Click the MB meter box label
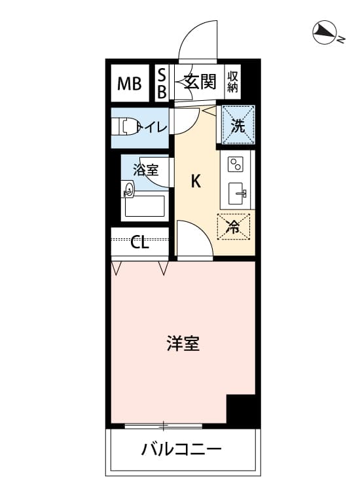coord(130,84)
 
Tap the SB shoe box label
coord(162,83)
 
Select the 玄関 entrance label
coord(200,82)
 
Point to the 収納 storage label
coord(232,82)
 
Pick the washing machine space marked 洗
coord(238,125)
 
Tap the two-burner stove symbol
coord(236,164)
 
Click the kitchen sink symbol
coord(237,194)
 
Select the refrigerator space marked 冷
coord(234,227)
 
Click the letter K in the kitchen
coord(196,181)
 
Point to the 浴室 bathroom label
coord(145,170)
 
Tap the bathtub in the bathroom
coord(145,206)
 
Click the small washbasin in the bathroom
coord(129,190)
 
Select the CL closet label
coord(139,242)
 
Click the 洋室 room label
coord(183,343)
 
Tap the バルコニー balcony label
coord(181,450)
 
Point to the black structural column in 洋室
coord(241,409)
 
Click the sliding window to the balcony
coord(164,426)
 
